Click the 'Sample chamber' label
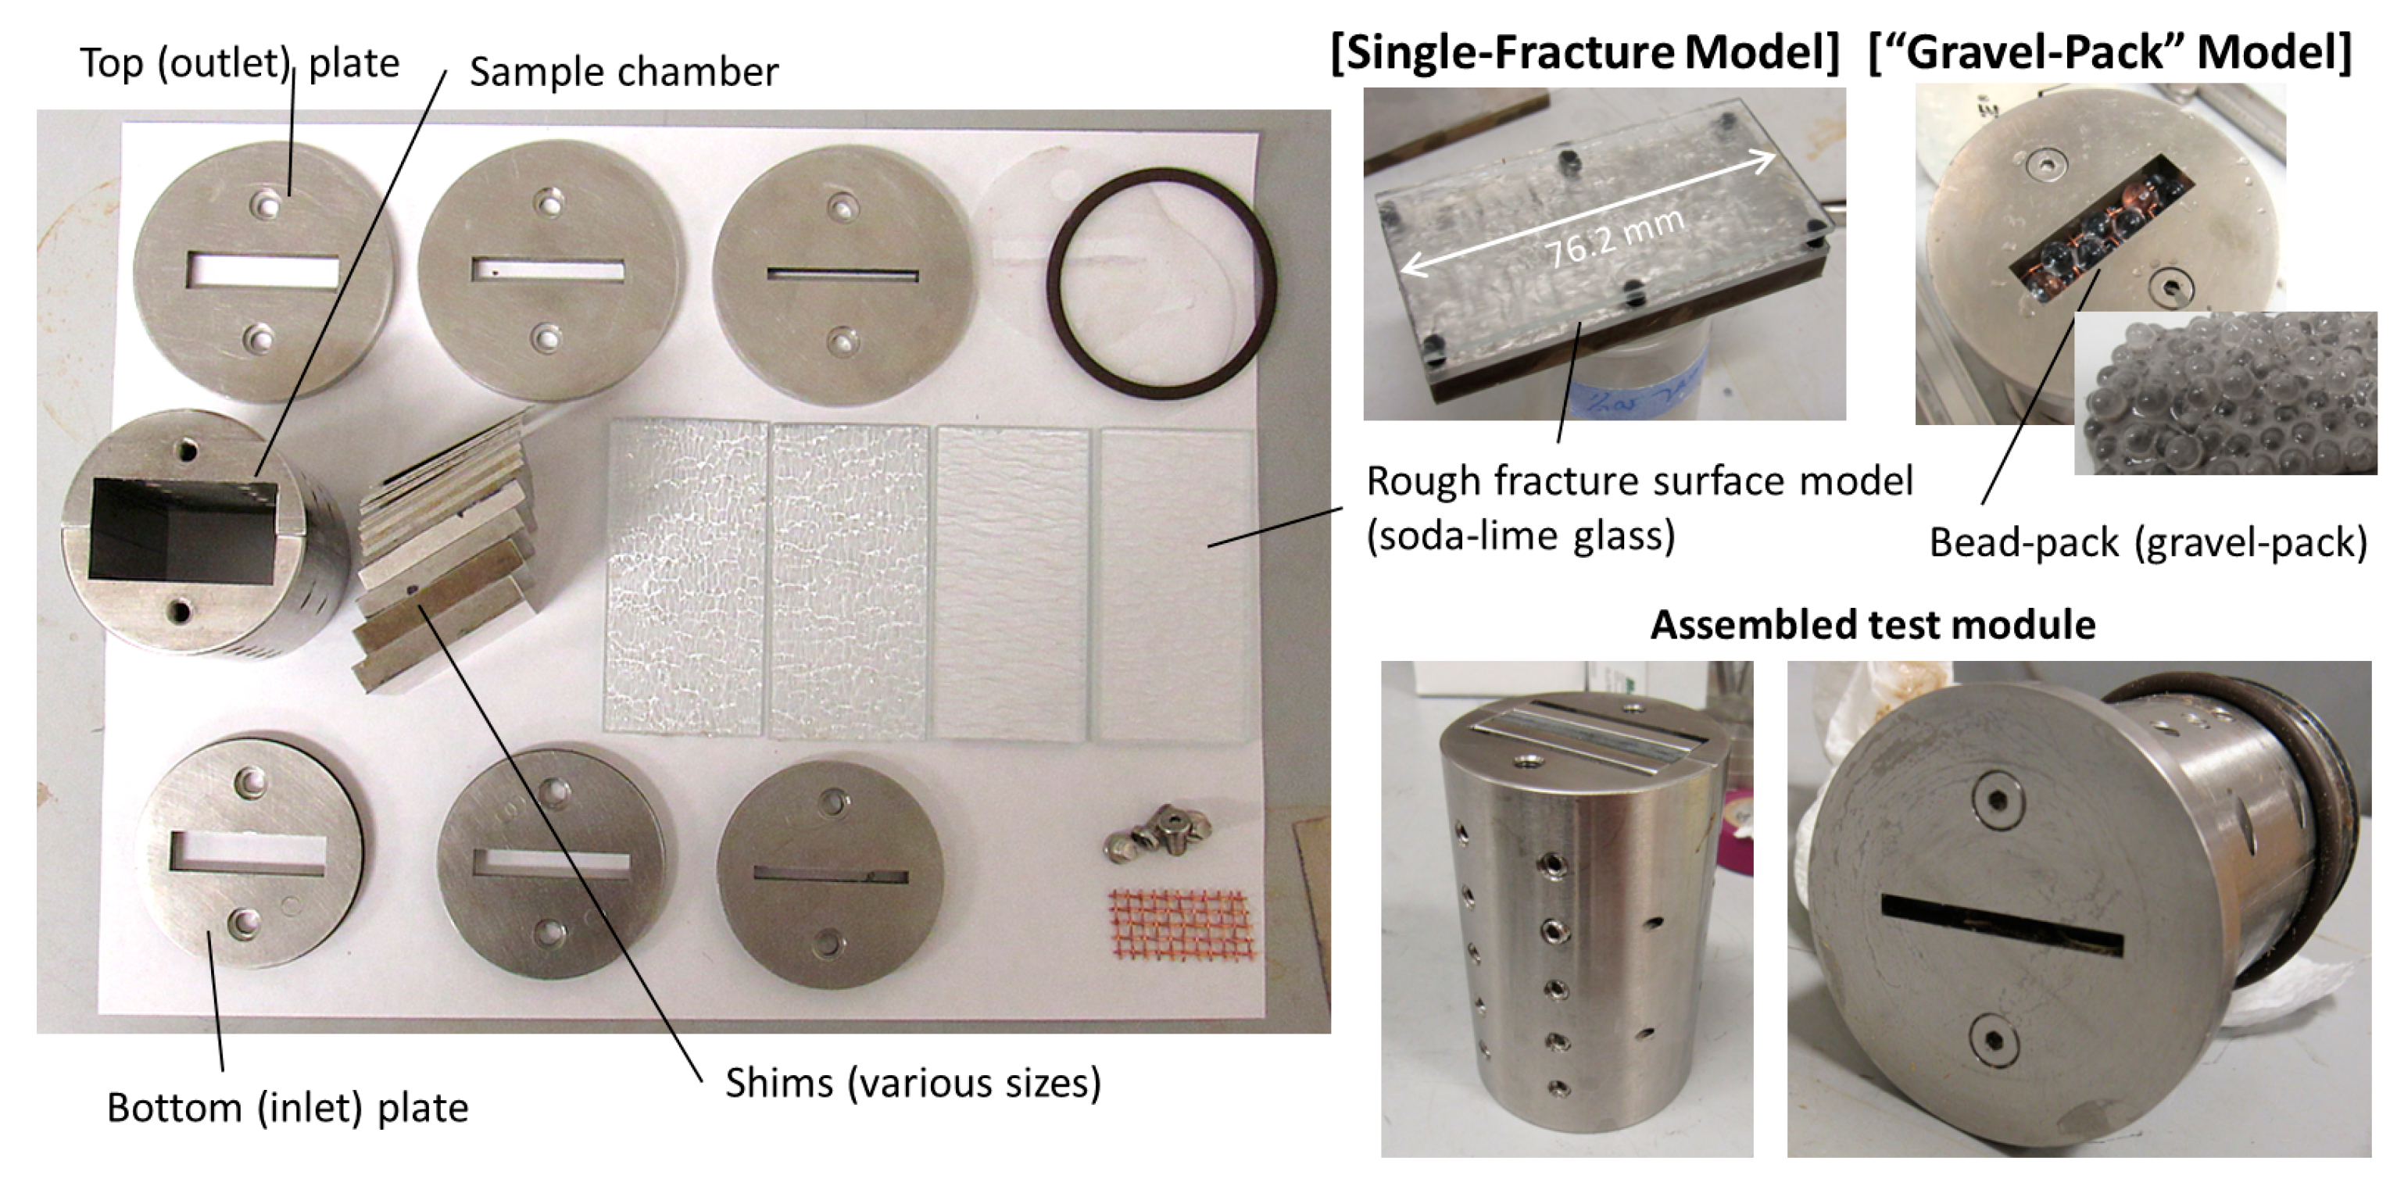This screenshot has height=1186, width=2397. [x=624, y=72]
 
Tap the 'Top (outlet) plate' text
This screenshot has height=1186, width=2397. [x=239, y=63]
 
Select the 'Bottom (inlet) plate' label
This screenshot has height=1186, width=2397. [x=288, y=1108]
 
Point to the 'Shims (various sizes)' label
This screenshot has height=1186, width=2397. [x=913, y=1083]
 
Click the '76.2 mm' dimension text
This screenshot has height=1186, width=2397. [x=1615, y=238]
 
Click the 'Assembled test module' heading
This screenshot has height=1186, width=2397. [x=1873, y=624]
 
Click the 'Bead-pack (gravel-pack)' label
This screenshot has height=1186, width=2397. [x=2148, y=541]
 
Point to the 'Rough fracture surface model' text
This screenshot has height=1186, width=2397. [x=1640, y=482]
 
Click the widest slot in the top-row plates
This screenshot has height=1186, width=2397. [x=263, y=270]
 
